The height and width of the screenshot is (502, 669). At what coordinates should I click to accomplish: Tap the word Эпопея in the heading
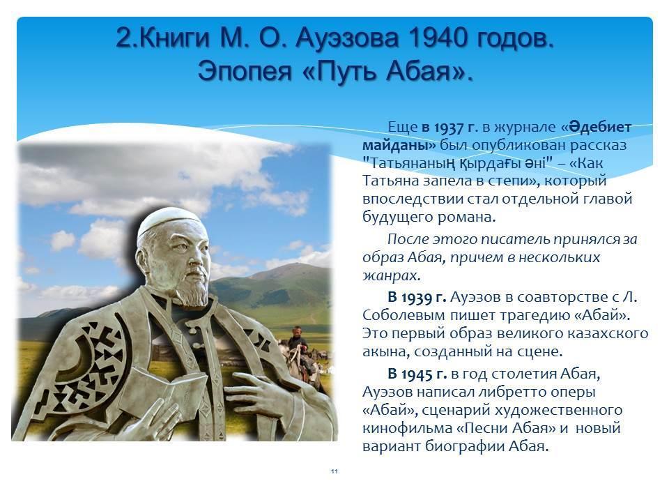245,71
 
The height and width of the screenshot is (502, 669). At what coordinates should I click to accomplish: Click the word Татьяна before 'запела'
390,181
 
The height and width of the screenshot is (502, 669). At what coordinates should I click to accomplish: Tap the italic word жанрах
391,276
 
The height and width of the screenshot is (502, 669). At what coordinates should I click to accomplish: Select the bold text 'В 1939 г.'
417,297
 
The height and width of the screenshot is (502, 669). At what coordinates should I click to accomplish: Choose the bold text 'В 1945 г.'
417,374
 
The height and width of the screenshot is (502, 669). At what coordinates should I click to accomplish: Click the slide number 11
334,471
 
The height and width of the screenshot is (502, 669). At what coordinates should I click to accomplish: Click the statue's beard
193,292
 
